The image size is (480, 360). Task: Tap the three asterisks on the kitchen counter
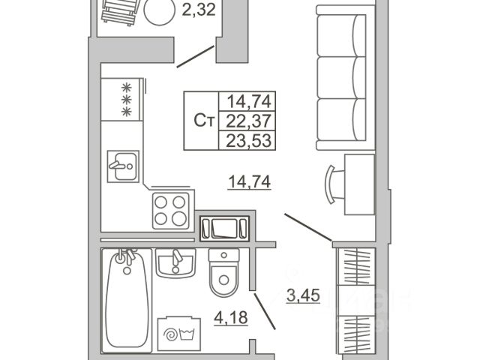click(127, 98)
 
